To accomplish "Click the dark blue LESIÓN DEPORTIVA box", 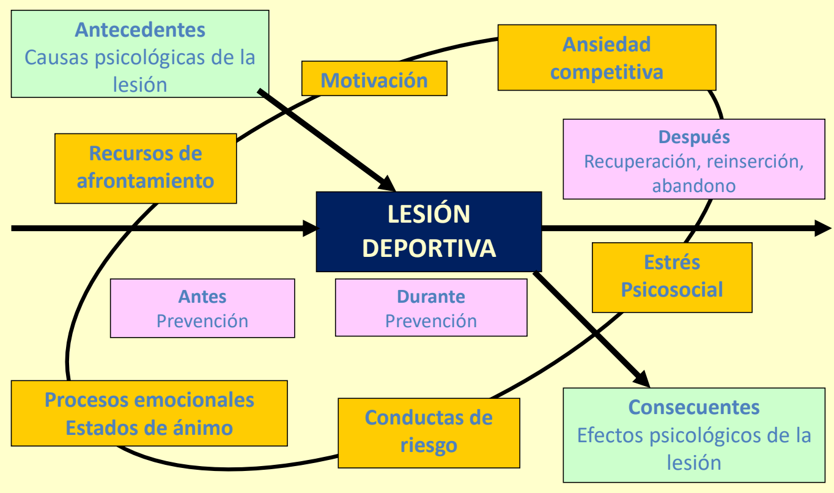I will click(428, 231).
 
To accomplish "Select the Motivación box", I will click(374, 80).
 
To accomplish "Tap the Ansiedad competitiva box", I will click(607, 58).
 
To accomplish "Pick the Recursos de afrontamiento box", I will click(146, 168).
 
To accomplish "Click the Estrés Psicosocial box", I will click(672, 276).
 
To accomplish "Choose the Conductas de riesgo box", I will click(429, 432).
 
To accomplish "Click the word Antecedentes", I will click(140, 29).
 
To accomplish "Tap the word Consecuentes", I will click(694, 407).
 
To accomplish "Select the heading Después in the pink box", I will click(694, 136).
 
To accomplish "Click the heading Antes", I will click(202, 297).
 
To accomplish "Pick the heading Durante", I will click(431, 297).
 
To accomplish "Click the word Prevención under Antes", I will click(202, 321).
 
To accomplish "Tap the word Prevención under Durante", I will click(431, 321).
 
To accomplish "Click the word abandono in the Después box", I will click(694, 185).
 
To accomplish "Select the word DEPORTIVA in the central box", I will click(429, 248).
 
